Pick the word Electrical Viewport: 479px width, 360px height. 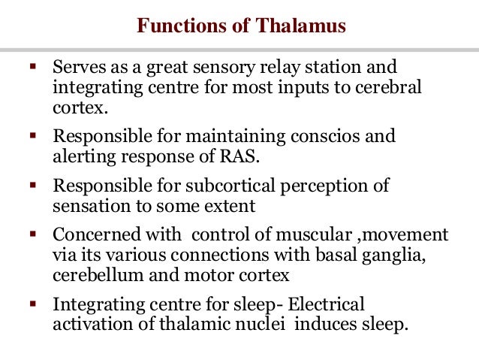[327, 304]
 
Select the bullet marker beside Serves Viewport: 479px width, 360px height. [32, 68]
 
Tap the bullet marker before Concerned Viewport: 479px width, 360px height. [32, 234]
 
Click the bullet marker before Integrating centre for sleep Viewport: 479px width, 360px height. [32, 304]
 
